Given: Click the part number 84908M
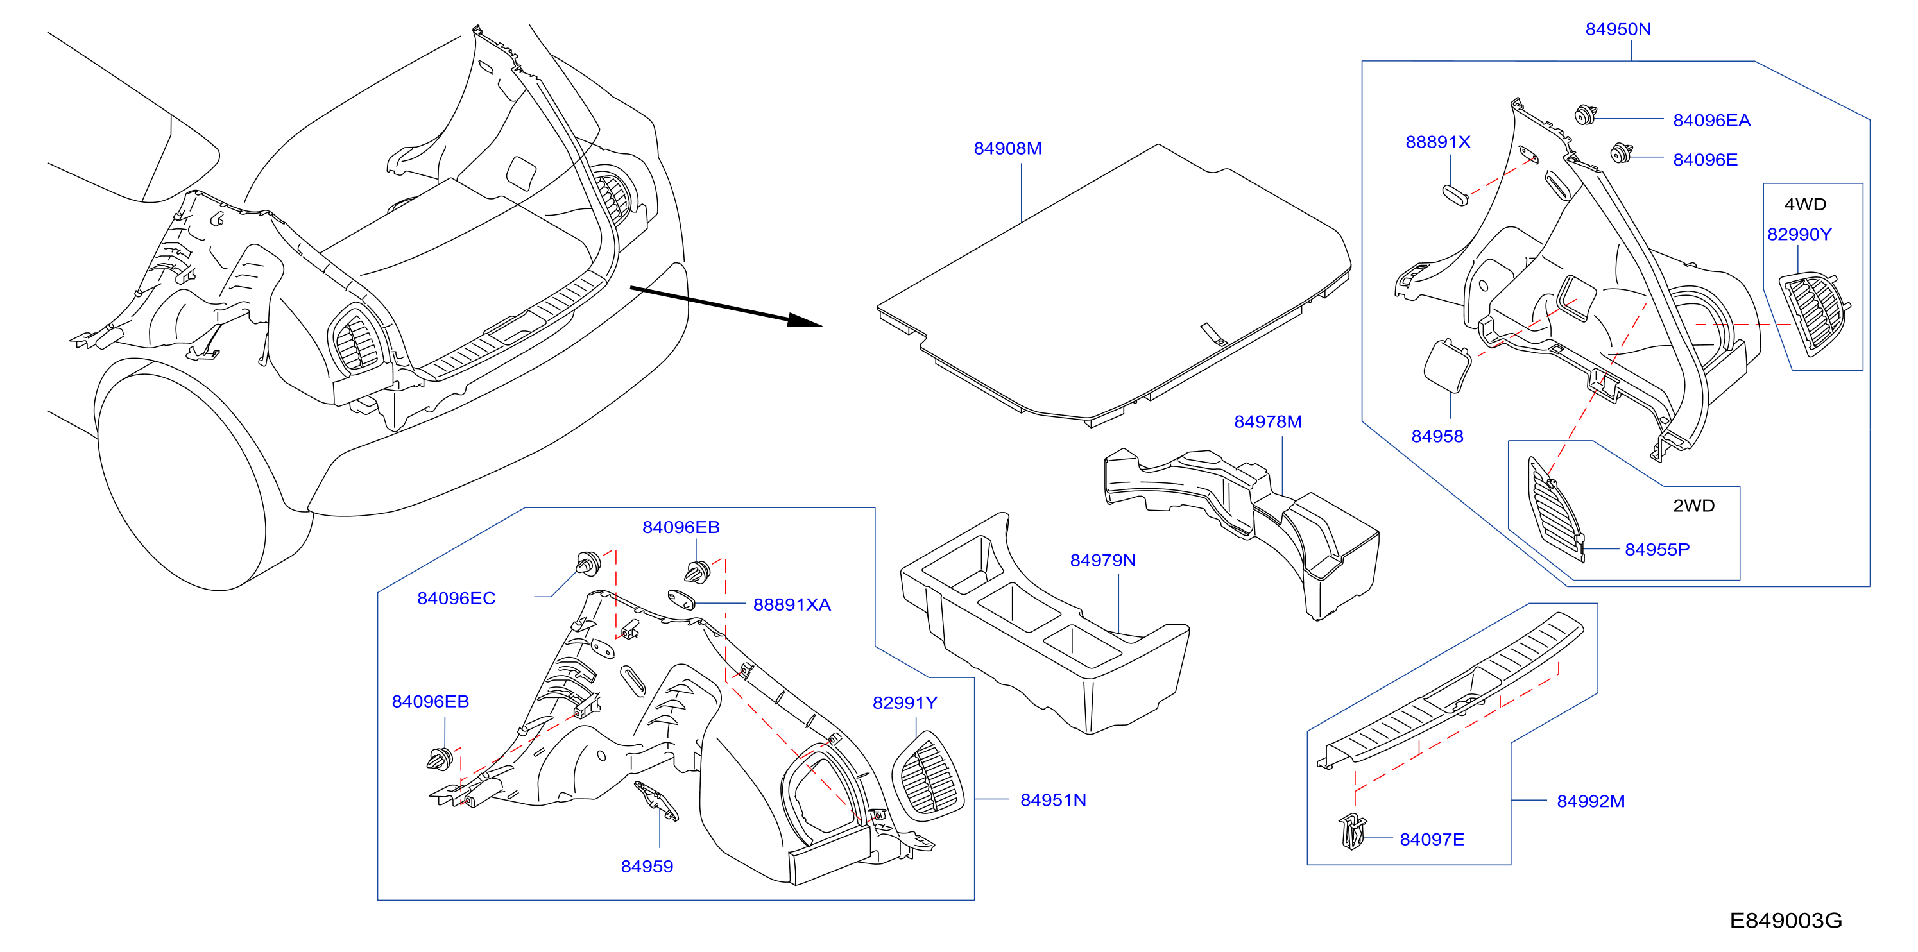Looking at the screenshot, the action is (1007, 148).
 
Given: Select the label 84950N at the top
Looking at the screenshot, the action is (1618, 29).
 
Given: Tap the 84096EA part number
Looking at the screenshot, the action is (1712, 121).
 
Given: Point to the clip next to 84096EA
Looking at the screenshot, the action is (1585, 115).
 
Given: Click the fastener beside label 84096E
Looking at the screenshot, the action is (1621, 153).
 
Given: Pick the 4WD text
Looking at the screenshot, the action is (1805, 204).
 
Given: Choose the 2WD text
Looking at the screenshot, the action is (1694, 506).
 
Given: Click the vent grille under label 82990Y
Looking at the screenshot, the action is (1814, 315).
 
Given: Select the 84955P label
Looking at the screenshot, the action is (1657, 549).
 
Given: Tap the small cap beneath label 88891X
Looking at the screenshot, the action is (1454, 194).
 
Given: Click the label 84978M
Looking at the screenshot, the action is (1268, 421).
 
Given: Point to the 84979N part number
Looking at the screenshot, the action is (1102, 560).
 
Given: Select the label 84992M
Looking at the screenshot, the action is (1591, 801).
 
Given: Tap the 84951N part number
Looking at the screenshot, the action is (1053, 799).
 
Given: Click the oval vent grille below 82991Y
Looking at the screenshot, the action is (928, 776).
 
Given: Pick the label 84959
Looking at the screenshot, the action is (647, 867).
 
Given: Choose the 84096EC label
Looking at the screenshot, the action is (456, 599).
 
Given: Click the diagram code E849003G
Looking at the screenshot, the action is (1785, 921).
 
